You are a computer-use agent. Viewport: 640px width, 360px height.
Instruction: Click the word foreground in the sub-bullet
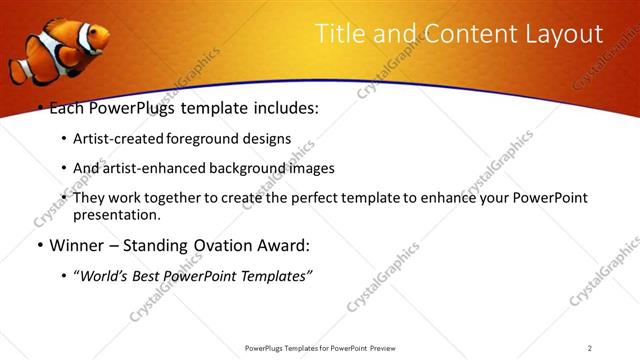click(212, 139)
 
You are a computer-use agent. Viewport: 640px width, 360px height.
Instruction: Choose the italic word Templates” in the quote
click(275, 276)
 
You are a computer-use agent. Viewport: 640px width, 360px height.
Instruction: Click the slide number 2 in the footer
click(590, 348)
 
